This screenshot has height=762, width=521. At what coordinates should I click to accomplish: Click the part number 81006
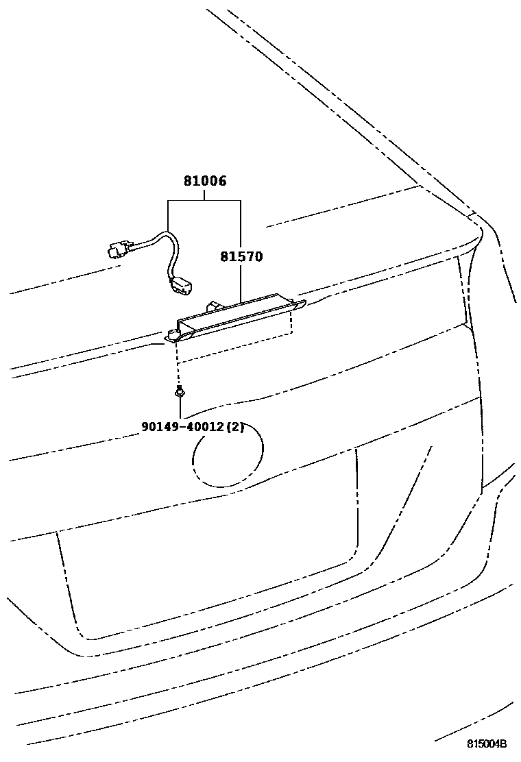pos(204,182)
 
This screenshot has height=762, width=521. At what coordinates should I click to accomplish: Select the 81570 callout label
pos(241,257)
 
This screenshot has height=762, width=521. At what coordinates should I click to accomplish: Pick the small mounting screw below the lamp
pos(179,393)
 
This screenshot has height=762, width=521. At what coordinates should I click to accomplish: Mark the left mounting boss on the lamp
pos(173,334)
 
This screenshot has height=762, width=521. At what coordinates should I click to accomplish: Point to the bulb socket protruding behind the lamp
pos(215,302)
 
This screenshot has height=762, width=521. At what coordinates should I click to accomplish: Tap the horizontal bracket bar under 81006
pos(204,200)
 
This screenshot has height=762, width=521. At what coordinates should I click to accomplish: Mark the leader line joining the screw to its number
pos(180,408)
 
